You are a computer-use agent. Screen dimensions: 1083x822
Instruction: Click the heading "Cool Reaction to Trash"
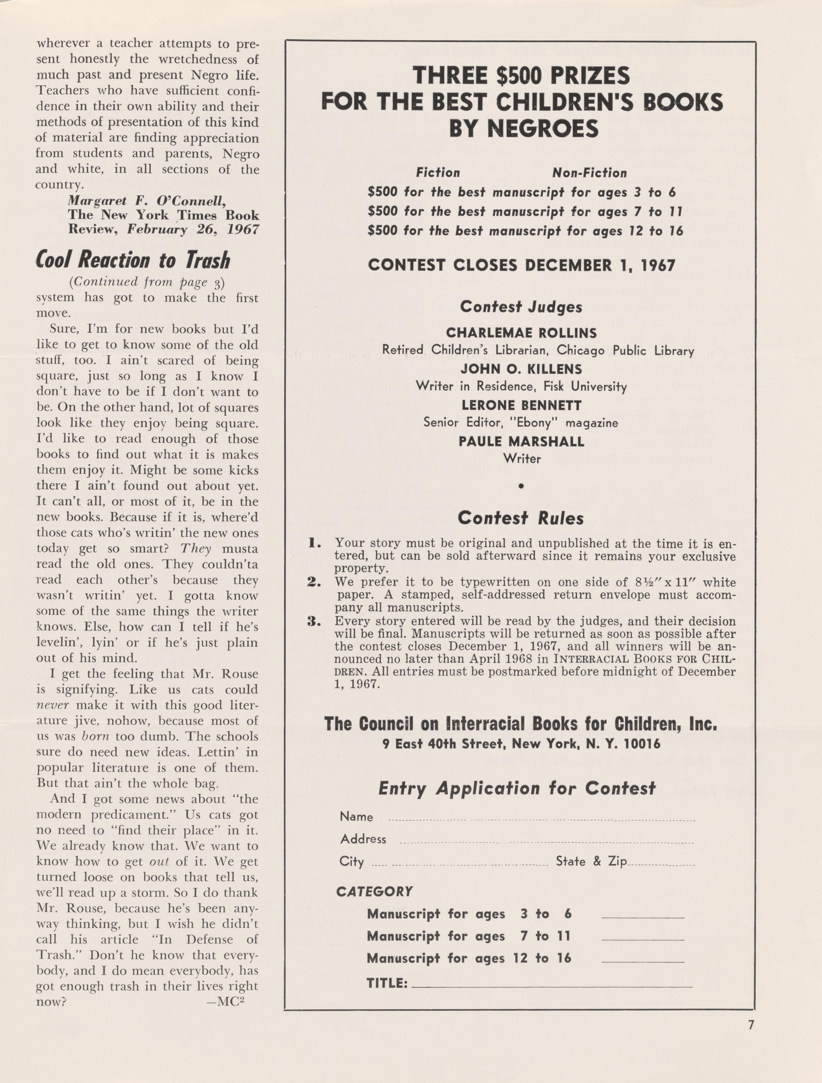click(x=133, y=260)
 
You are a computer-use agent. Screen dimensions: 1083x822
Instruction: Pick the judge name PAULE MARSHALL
click(x=521, y=442)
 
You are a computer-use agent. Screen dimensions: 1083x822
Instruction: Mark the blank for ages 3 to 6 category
click(x=643, y=918)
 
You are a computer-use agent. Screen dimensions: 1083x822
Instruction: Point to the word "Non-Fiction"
click(x=589, y=173)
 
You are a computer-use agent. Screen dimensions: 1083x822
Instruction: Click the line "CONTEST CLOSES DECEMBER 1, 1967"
click(x=521, y=265)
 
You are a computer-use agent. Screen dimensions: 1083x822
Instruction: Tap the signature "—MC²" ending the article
click(x=226, y=1001)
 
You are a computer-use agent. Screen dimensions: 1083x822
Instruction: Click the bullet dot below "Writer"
click(x=521, y=486)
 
